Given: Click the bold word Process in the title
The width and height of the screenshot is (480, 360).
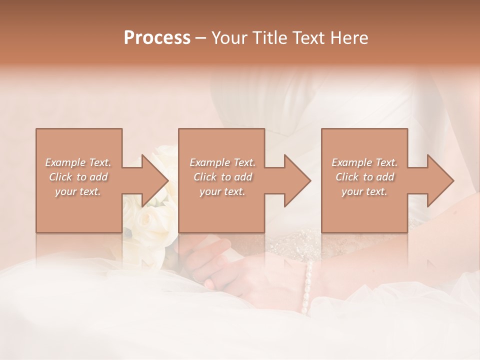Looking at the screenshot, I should (x=157, y=38).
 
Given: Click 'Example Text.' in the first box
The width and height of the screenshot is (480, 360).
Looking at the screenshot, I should (x=78, y=162).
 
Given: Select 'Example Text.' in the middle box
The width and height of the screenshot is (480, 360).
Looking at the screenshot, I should (x=222, y=162).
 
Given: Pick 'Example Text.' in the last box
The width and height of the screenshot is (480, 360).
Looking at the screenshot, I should (x=364, y=162).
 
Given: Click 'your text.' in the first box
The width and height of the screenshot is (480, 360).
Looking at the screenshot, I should (x=78, y=191).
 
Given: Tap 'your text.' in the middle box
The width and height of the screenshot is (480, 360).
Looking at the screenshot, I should (x=222, y=191).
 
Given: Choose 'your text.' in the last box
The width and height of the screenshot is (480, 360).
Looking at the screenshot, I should (x=364, y=191).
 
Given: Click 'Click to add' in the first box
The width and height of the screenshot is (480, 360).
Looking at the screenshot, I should (x=78, y=177).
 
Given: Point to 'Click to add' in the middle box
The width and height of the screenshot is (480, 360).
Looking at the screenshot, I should (x=222, y=177).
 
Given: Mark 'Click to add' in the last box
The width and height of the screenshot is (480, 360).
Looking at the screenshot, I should (x=364, y=177).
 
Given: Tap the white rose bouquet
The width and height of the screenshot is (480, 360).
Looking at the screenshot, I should (x=150, y=220).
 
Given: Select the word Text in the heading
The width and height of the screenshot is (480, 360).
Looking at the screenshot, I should (x=306, y=38).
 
